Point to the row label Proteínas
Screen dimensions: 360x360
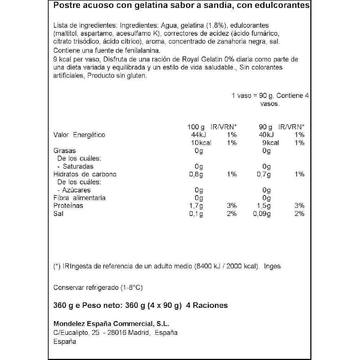click(68, 206)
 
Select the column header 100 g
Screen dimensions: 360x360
click(196, 127)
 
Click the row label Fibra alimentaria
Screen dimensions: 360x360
click(79, 198)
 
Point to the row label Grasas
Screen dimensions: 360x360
click(64, 151)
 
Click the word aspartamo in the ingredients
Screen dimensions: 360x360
click(93, 34)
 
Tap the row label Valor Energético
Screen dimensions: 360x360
click(79, 135)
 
